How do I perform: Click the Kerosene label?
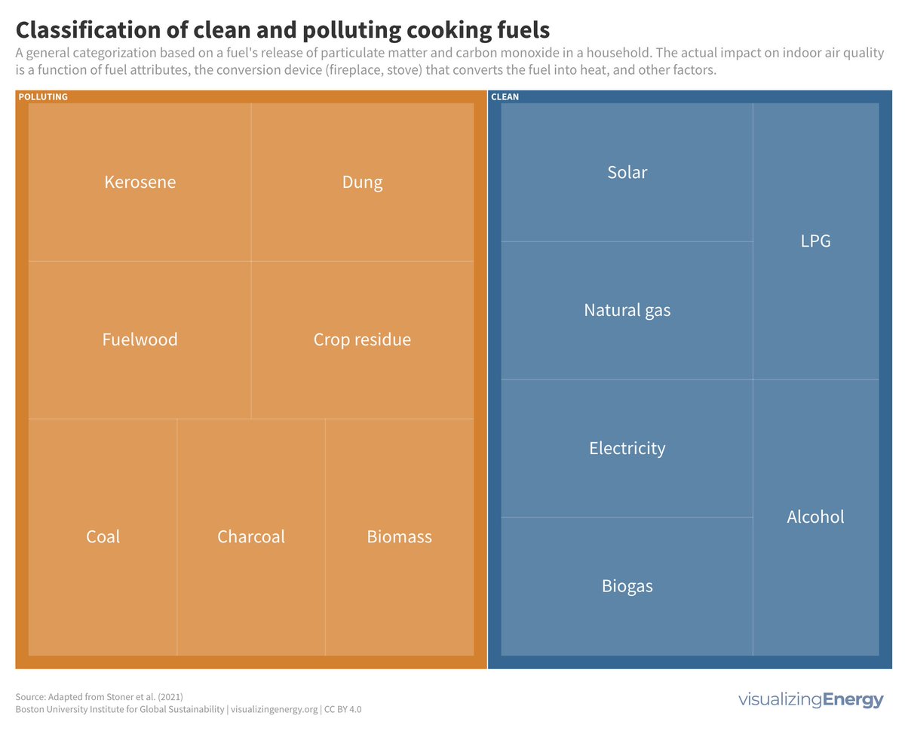(140, 183)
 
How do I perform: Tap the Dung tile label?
(362, 183)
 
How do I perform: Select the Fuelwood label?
(140, 339)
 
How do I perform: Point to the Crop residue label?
(362, 339)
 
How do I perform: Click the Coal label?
(103, 537)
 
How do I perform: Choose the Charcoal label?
(251, 537)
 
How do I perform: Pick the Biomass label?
(399, 537)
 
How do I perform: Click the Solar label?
(627, 173)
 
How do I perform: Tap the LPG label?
(815, 241)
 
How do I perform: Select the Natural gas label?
(627, 310)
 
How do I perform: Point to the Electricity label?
(627, 448)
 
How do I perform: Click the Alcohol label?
(815, 517)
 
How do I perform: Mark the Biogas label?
(627, 586)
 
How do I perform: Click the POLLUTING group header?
(43, 97)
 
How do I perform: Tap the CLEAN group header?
(505, 97)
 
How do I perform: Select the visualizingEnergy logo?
(810, 700)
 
